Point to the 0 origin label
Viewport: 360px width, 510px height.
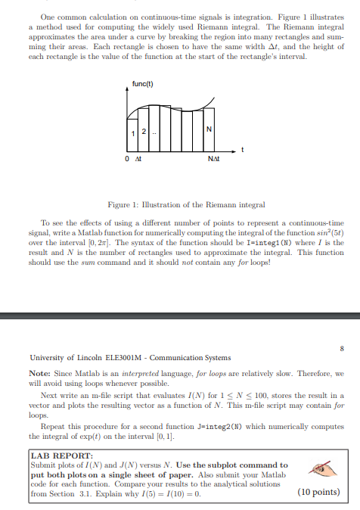(128, 158)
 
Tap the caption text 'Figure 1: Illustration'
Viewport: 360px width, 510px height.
(147, 204)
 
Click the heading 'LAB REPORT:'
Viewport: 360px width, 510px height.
(53, 456)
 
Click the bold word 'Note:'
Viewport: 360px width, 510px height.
(39, 373)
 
